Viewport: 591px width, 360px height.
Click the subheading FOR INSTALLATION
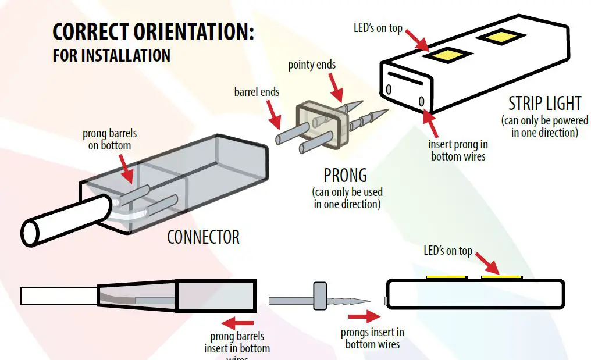pos(111,56)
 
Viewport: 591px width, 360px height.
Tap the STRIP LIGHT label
pos(544,104)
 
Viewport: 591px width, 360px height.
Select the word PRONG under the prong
pos(345,174)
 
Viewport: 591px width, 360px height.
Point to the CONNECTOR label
pos(203,237)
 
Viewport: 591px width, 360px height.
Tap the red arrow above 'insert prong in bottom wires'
pos(430,119)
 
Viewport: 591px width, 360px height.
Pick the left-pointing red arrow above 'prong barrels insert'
pos(238,322)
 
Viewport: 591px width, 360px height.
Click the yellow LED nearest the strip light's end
pos(447,56)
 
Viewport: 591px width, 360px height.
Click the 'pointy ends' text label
pos(312,65)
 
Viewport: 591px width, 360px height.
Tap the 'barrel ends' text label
pos(257,91)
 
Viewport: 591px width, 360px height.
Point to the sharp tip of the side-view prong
pos(367,301)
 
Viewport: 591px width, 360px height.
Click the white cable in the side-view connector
pos(58,296)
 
